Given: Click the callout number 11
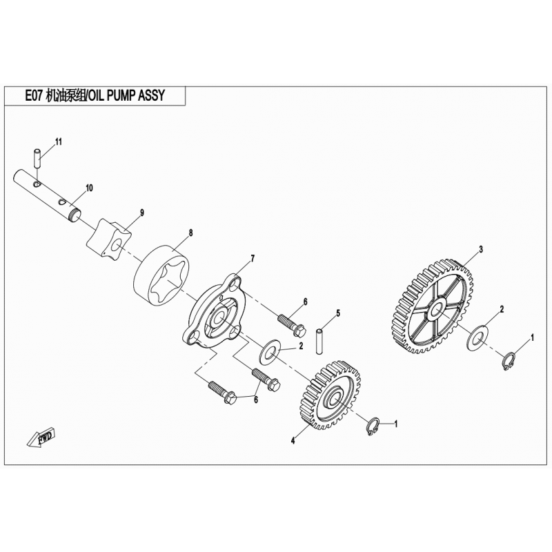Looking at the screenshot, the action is [x=59, y=142].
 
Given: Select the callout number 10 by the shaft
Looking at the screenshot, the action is [x=89, y=188].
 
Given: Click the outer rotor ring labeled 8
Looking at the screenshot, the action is [x=161, y=278].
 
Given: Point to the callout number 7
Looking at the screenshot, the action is [x=252, y=259].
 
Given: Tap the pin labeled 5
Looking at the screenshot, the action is [x=319, y=342].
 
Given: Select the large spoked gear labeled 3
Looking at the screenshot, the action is [x=433, y=306].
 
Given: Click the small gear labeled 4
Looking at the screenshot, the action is [x=331, y=395].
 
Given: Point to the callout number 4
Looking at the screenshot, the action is [x=293, y=440].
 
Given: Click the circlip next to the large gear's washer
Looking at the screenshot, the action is [x=509, y=362].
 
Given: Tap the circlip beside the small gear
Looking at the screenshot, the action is [x=373, y=426].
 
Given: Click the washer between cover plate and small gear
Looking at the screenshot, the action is [x=269, y=352].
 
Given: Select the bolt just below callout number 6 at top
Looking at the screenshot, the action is [x=291, y=325].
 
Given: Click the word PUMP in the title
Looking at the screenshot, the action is [x=121, y=96].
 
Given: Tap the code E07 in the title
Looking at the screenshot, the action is [x=34, y=96].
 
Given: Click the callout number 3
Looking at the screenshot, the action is [x=481, y=250].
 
